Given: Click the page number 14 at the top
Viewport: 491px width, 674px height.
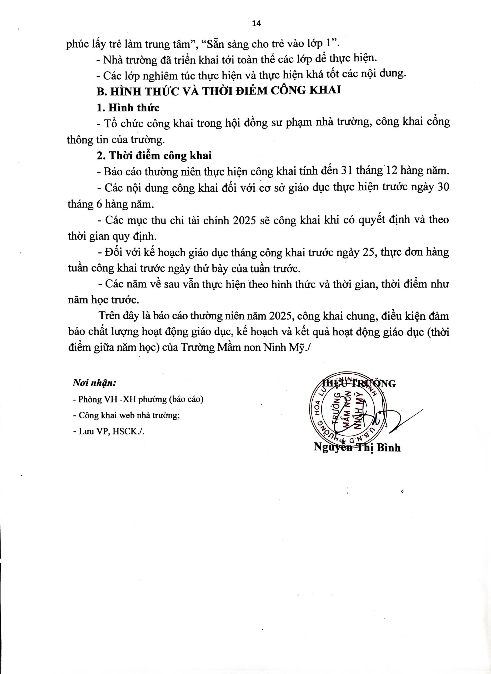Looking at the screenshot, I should coord(256,24).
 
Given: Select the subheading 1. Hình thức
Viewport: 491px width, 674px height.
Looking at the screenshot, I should coord(128,108).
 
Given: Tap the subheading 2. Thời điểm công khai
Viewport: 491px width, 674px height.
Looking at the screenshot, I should coord(154,156).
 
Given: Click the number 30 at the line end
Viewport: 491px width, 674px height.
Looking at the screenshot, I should coord(443,187).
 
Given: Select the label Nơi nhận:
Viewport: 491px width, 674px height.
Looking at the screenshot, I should coord(94,383).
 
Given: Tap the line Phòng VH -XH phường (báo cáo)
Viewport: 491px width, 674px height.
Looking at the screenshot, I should coord(138,399).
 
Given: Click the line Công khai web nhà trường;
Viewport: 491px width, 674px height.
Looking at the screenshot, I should coord(126,415).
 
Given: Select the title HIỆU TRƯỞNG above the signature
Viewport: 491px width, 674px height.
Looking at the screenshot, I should coord(359,384).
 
